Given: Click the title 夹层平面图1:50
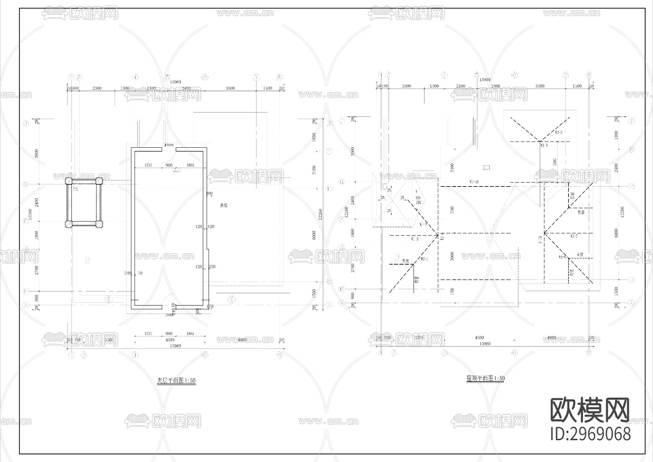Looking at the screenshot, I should pos(176,381).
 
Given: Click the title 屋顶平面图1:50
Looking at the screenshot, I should pos(485,378).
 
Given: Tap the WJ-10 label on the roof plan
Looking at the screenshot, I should pos(474,181).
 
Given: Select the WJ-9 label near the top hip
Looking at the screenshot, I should pos(558,132).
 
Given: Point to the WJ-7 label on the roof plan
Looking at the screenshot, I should pos(574,236).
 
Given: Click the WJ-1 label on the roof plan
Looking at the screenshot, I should pos(424,259).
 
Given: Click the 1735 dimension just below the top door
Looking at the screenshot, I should pos(148,165).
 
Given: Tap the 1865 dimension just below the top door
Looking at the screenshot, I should pos(190,165).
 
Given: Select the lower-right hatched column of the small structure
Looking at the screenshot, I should pos(99,224).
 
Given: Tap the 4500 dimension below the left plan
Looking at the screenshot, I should pos(169,340).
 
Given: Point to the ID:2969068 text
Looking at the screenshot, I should pos(590,434).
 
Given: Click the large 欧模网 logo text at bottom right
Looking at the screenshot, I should pos(590,410).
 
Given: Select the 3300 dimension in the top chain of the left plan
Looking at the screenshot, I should pos(230,88).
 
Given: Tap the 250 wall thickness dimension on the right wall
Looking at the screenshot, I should pos(212,267).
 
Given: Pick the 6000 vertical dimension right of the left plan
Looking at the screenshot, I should pos(314,235).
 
